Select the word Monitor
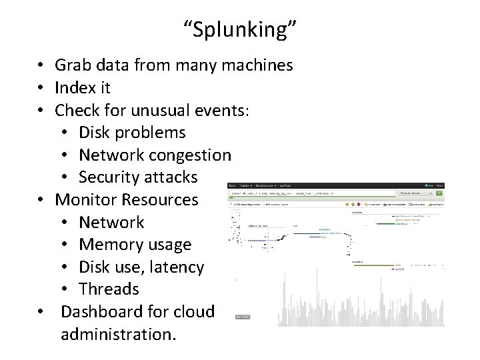85,199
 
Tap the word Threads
109,289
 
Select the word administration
118,333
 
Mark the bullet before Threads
65,289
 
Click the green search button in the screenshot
438,193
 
